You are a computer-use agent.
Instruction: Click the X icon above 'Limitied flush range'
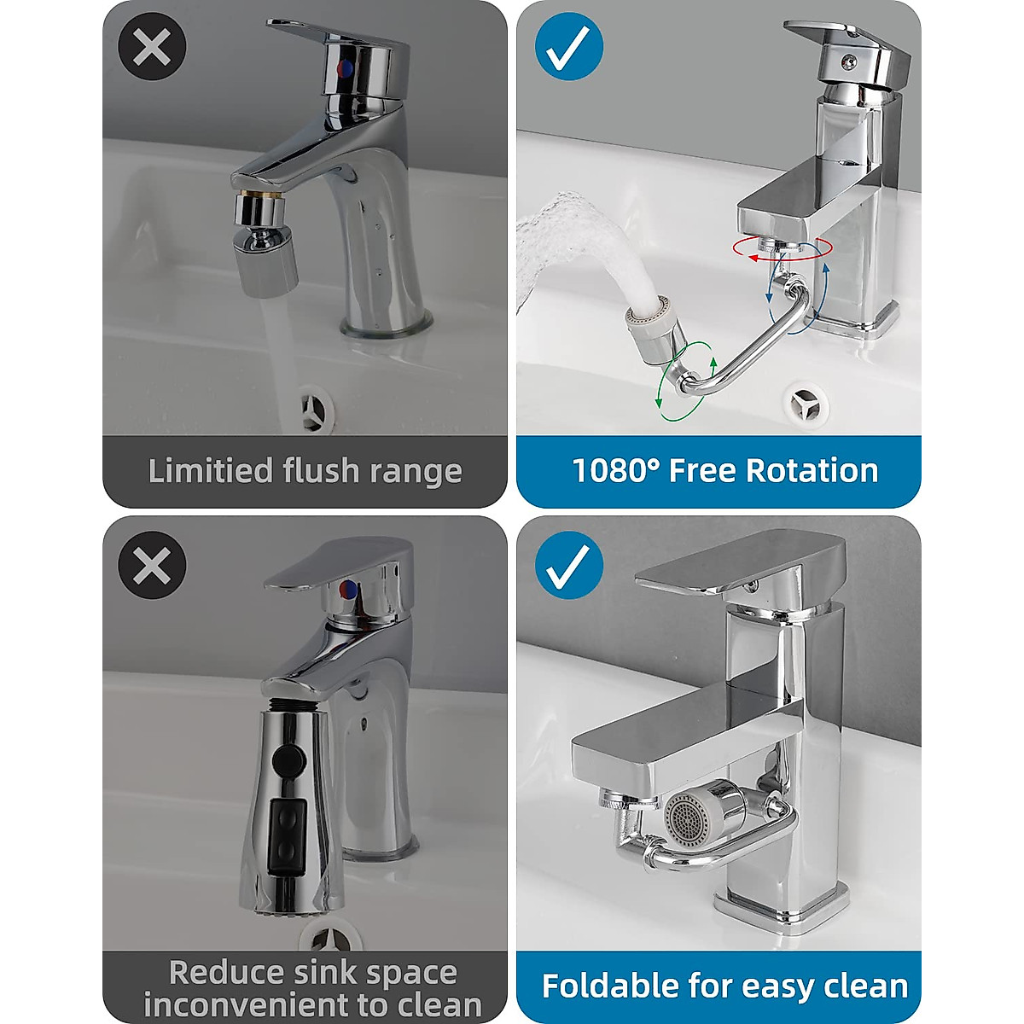point(153,48)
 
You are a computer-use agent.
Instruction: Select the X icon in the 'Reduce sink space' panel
point(153,565)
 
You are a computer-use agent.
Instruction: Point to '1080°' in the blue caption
point(614,471)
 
